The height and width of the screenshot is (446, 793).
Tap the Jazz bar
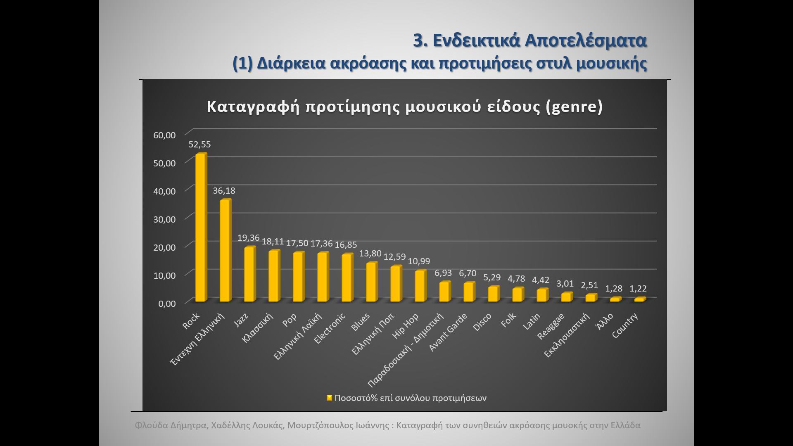pos(249,274)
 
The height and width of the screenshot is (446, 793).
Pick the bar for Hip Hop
pos(420,286)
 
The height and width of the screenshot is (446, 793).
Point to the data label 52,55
pos(199,144)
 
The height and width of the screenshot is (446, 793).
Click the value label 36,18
pos(224,190)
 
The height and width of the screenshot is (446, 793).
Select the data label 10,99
pos(419,261)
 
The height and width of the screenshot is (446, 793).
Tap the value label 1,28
pos(614,289)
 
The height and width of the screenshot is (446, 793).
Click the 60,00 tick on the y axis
pos(164,135)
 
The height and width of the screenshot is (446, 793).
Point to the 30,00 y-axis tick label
pos(164,219)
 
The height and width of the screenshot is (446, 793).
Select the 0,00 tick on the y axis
pos(166,304)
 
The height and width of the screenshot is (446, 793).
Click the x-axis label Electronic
pos(330,328)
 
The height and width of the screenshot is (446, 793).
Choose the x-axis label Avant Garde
pos(448,332)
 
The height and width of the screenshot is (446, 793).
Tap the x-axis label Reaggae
pos(551,326)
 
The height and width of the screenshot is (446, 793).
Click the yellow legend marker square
pos(329,398)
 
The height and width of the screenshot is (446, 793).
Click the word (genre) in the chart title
pos(574,107)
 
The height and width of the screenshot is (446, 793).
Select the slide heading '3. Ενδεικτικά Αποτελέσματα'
pos(530,40)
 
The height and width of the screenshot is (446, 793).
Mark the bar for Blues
pos(371,282)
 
